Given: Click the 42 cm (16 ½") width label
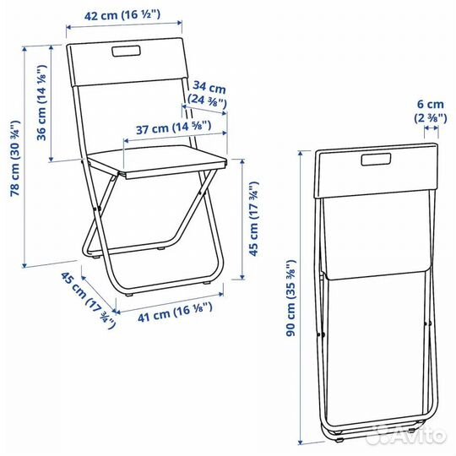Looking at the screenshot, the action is [x=122, y=15].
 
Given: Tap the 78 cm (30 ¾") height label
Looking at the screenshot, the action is [x=15, y=158].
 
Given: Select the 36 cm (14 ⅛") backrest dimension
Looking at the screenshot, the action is [x=42, y=102].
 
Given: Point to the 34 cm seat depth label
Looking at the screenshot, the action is [x=209, y=87].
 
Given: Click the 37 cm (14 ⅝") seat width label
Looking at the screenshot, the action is [x=174, y=128].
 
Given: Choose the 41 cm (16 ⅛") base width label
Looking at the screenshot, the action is [x=175, y=312].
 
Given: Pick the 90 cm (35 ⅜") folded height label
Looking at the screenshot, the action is [x=291, y=298].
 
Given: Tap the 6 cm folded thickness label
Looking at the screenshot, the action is [x=431, y=104].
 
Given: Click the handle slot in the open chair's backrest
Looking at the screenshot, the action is [x=127, y=51].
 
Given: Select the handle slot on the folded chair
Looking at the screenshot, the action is [x=376, y=160].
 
